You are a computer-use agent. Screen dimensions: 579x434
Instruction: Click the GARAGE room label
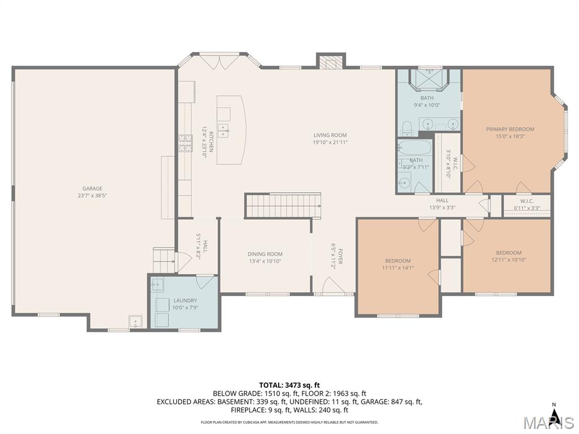92,189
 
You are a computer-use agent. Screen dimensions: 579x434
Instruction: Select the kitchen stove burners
185,144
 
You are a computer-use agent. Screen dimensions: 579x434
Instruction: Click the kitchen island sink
223,131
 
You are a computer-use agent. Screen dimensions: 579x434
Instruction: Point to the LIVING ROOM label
330,135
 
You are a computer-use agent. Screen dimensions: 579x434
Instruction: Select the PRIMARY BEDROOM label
510,129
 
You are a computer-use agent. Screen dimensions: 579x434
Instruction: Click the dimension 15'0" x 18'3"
510,136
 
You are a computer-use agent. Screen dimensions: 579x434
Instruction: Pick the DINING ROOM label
265,254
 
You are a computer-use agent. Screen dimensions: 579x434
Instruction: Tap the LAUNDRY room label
185,301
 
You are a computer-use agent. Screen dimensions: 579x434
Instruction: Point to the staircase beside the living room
283,206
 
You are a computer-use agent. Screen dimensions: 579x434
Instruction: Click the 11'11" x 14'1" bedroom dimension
398,267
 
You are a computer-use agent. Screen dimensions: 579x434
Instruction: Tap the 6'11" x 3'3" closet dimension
527,208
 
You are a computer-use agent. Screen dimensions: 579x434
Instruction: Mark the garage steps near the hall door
164,260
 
